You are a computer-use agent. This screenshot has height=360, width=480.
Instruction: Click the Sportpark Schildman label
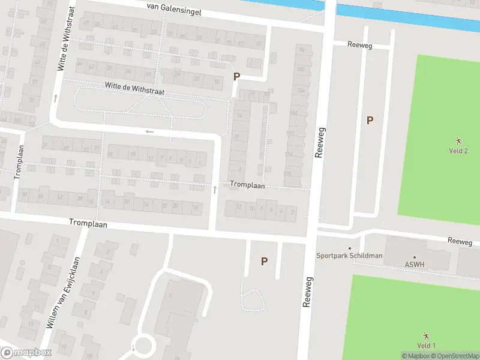coord(349,256)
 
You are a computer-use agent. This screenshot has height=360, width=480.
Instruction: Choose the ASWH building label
coord(414,263)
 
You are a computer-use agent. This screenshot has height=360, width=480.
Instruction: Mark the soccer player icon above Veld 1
coord(426,335)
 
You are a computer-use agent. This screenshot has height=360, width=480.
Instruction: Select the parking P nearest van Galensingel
coord(236,76)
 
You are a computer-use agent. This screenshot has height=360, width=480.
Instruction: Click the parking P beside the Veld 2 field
coord(370,120)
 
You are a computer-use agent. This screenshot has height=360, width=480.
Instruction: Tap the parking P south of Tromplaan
coord(264,261)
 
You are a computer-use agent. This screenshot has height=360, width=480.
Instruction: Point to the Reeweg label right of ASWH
coord(460,241)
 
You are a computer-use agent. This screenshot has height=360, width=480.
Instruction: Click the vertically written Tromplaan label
coord(19,161)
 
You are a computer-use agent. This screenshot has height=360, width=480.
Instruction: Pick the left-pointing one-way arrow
coord(149,131)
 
